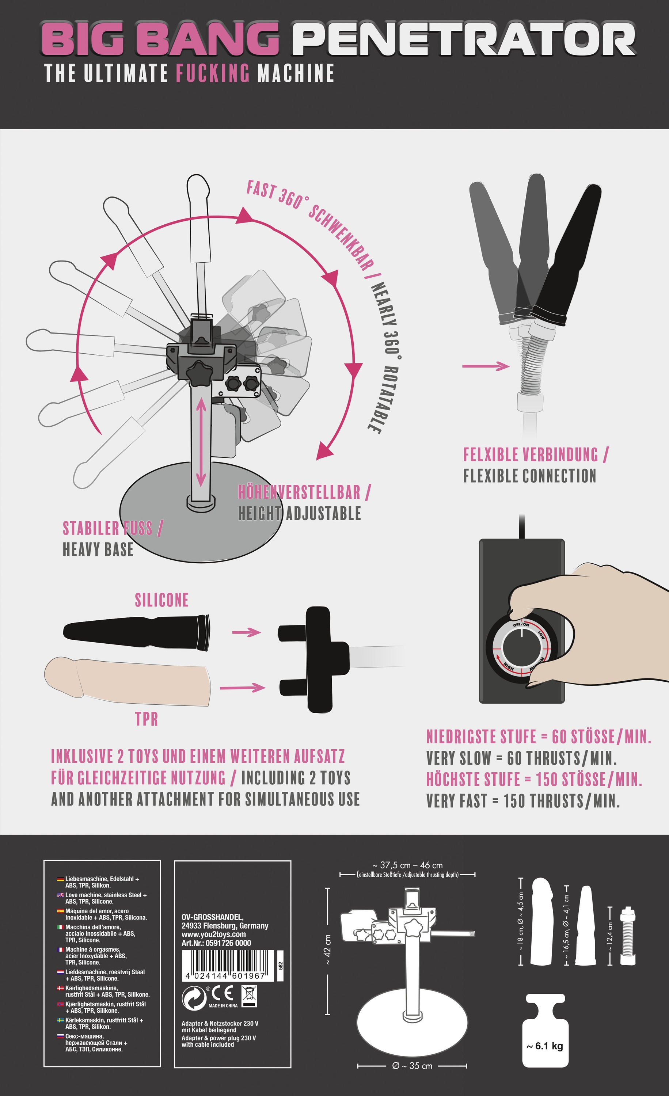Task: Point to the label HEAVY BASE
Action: (98, 550)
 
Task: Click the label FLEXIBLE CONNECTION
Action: (529, 476)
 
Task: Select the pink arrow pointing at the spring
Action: (486, 366)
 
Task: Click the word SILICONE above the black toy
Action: (162, 600)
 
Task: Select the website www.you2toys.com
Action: (213, 935)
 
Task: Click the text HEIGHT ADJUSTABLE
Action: (299, 514)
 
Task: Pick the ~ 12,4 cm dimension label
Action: (610, 937)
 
